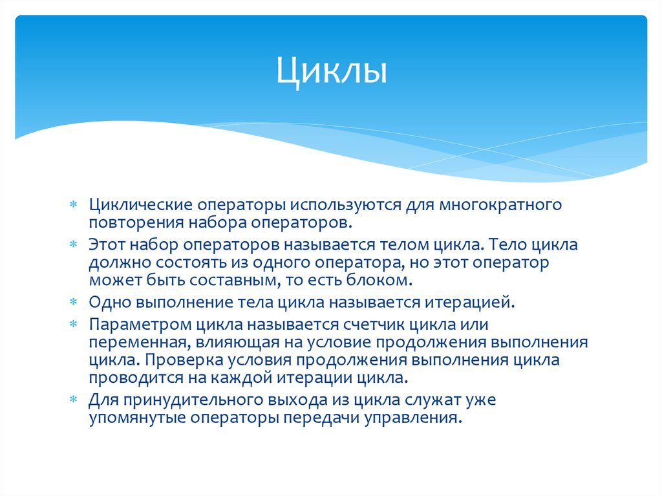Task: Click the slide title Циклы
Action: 332,71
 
